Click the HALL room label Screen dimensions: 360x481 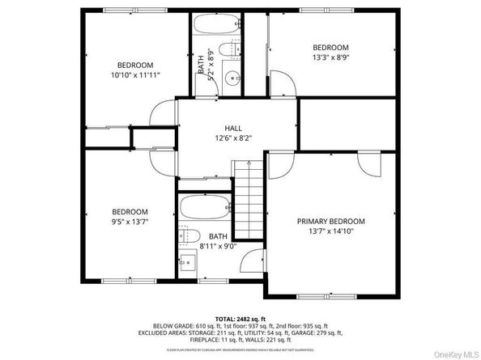click(233, 128)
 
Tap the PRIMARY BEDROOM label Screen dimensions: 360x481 click(330, 221)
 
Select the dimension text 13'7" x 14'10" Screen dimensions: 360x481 click(330, 231)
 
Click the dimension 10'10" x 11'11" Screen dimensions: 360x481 click(135, 74)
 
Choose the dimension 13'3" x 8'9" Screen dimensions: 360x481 click(330, 57)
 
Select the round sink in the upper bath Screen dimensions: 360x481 click(232, 79)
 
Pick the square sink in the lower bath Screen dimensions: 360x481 click(186, 264)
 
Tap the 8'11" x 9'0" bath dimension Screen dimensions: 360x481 click(218, 247)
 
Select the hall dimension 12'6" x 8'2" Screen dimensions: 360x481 click(233, 138)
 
